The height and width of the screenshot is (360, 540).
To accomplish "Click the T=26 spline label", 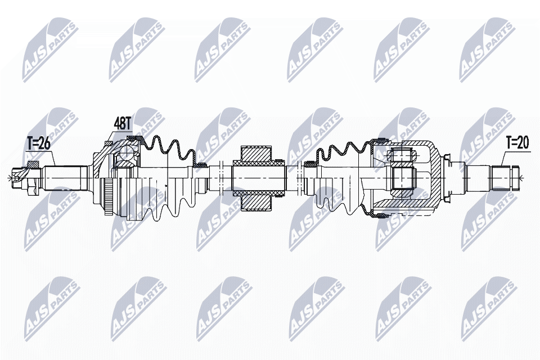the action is point(39,144).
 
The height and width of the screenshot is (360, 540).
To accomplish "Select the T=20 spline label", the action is point(517,142).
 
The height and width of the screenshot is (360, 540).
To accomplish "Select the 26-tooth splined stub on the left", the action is point(65,178).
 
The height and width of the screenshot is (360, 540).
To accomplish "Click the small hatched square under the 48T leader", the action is point(108,142).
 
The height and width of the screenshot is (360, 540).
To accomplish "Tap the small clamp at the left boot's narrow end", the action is point(200,165).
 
